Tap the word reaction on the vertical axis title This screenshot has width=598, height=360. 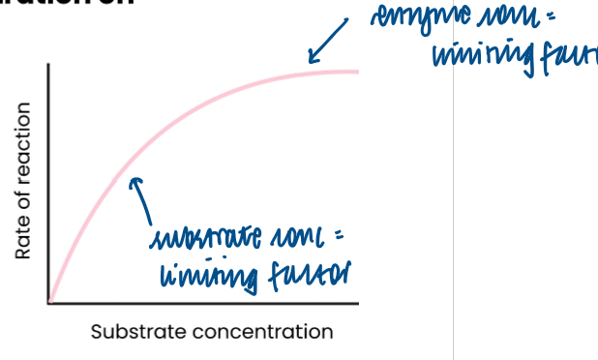click(x=23, y=142)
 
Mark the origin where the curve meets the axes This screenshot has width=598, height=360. click(x=49, y=303)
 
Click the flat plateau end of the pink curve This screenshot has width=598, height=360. click(x=348, y=71)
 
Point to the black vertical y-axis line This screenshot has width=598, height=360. click(x=48, y=184)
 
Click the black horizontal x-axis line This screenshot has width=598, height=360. click(x=203, y=304)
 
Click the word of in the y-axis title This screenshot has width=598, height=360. click(x=23, y=203)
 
